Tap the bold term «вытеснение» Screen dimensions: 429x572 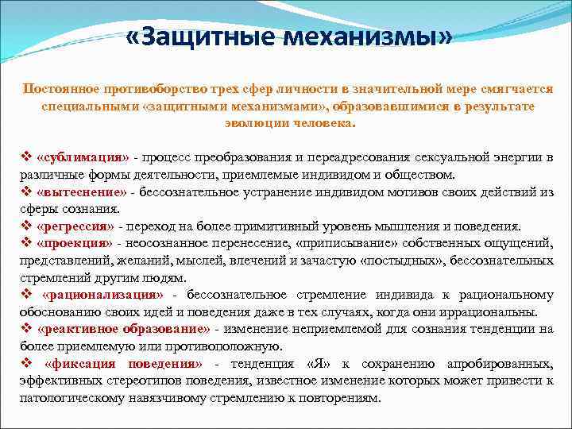(81, 191)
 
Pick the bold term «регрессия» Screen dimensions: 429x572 (76, 226)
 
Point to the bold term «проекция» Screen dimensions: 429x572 (75, 242)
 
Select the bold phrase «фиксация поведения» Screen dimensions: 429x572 (125, 364)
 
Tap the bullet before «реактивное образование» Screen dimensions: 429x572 (26, 329)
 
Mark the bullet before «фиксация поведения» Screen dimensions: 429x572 (26, 364)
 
